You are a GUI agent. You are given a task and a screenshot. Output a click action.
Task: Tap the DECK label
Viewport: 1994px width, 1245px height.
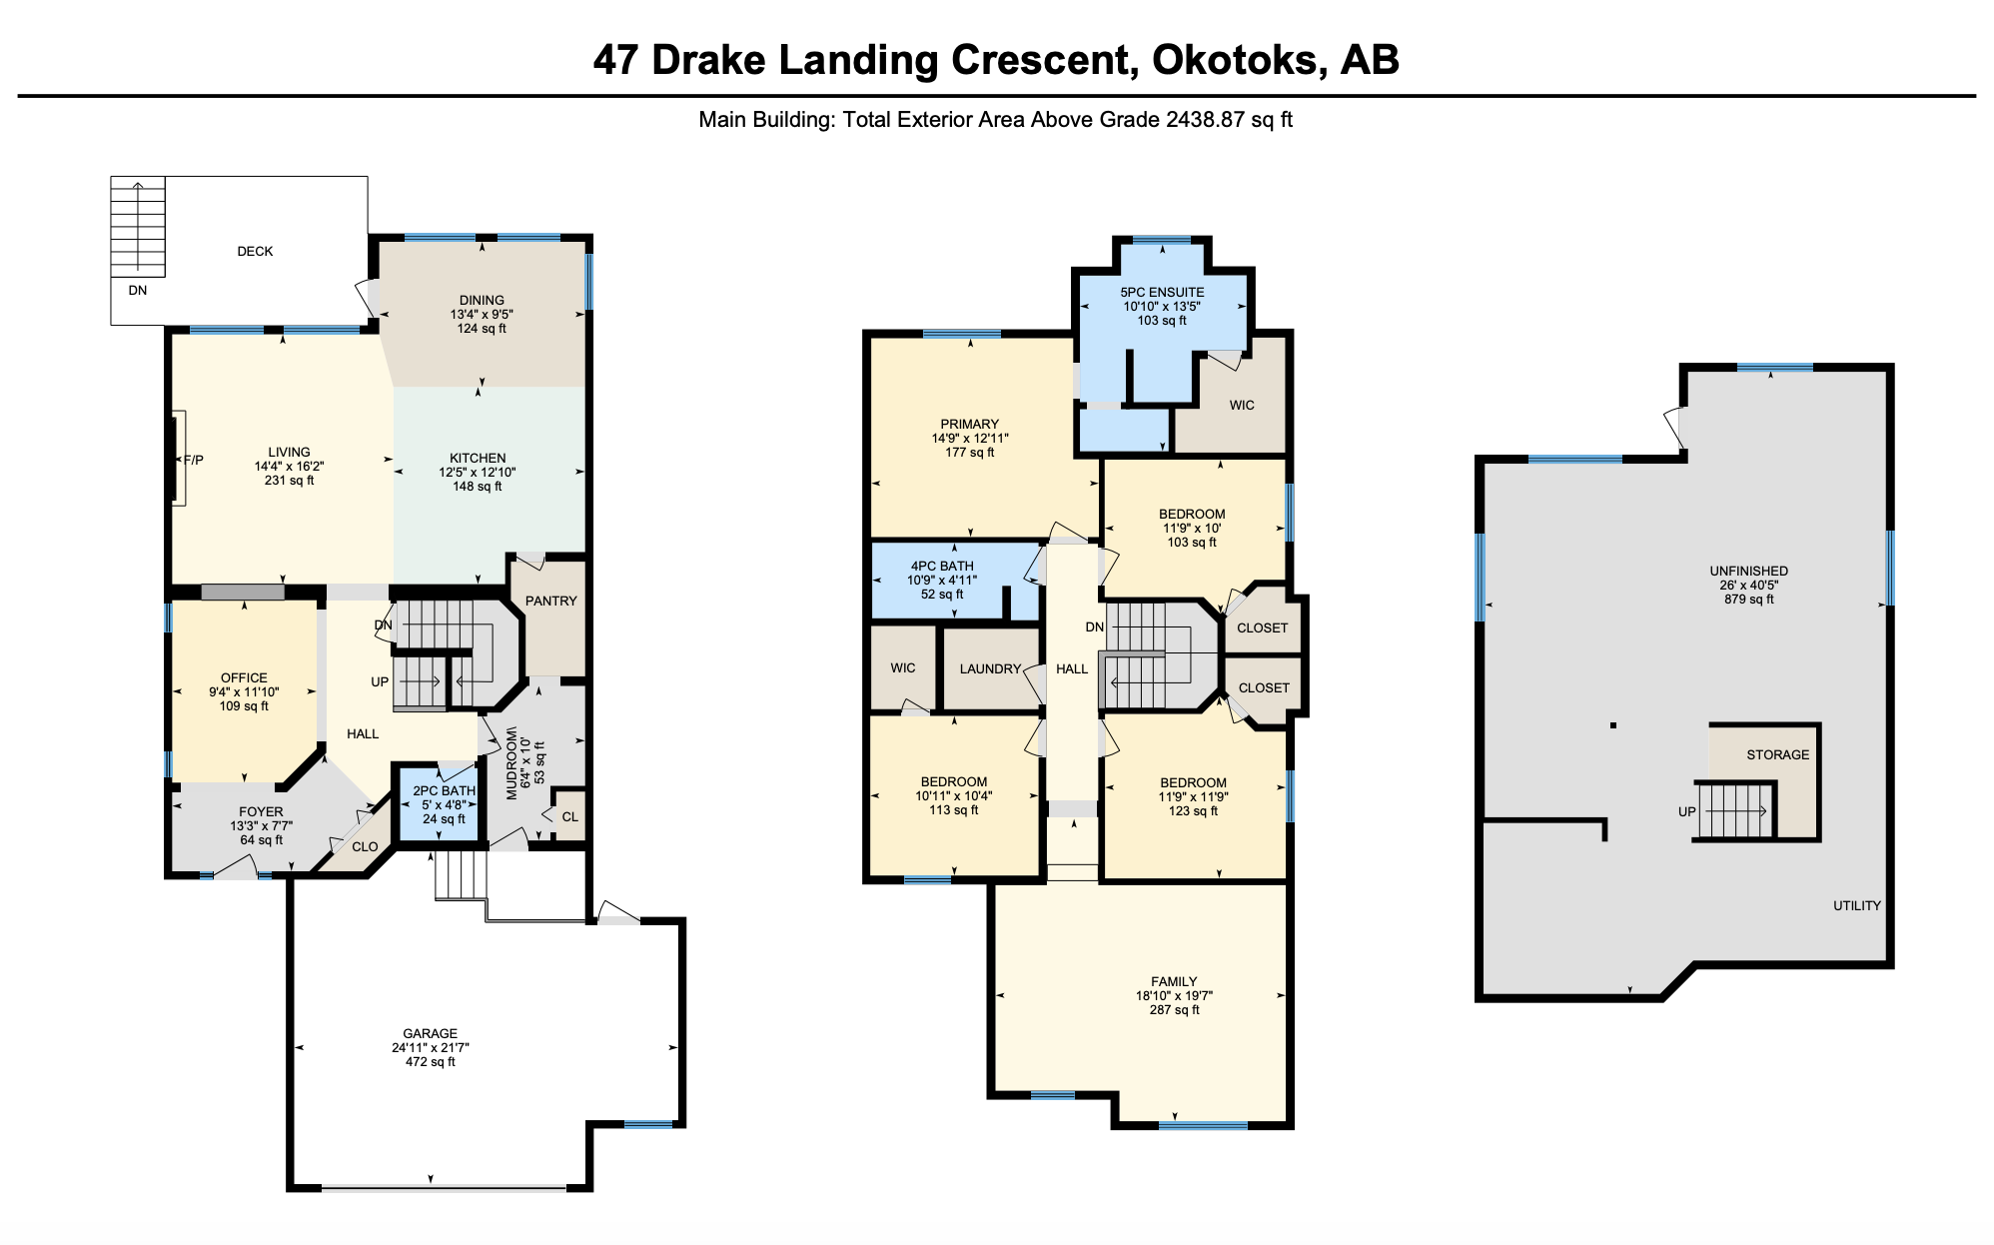(255, 251)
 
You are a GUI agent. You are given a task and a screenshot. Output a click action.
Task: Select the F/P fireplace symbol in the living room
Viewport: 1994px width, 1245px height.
(180, 459)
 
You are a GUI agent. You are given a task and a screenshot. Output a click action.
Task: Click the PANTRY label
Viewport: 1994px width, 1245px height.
(551, 601)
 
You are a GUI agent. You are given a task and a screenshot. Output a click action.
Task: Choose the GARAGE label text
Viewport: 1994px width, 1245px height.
(431, 1033)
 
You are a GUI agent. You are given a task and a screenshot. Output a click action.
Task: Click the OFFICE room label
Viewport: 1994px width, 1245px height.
(244, 677)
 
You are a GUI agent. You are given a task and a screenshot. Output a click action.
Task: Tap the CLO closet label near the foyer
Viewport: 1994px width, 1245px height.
(365, 846)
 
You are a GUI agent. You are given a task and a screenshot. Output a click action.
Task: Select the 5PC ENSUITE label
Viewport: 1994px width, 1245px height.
(1162, 292)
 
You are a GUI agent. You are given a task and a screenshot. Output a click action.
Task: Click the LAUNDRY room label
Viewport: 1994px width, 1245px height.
(990, 668)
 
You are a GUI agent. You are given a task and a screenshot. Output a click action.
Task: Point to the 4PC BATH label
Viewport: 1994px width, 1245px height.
(942, 566)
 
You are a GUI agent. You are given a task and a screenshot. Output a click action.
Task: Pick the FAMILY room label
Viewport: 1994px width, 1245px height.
(1174, 981)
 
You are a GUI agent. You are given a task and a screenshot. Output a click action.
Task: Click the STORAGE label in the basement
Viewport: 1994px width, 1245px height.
(1777, 754)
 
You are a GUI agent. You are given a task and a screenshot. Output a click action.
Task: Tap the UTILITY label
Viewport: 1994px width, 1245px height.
(1857, 905)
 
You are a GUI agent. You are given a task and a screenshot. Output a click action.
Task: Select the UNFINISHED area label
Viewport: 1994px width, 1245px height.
(1748, 571)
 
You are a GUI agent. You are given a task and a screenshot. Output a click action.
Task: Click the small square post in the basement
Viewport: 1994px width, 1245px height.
(1612, 725)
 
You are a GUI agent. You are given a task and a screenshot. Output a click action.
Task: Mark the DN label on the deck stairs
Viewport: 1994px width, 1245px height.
(138, 290)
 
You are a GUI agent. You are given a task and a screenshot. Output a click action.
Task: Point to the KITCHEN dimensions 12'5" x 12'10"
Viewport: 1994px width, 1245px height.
(478, 472)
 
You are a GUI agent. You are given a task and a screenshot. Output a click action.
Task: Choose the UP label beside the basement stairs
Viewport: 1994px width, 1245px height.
(1686, 811)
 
